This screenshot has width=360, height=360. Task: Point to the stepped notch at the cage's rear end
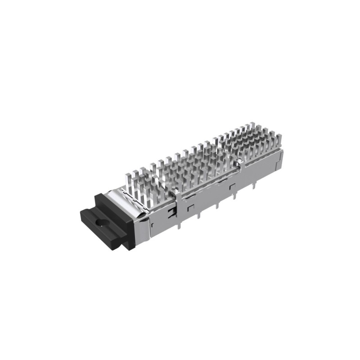280,155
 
